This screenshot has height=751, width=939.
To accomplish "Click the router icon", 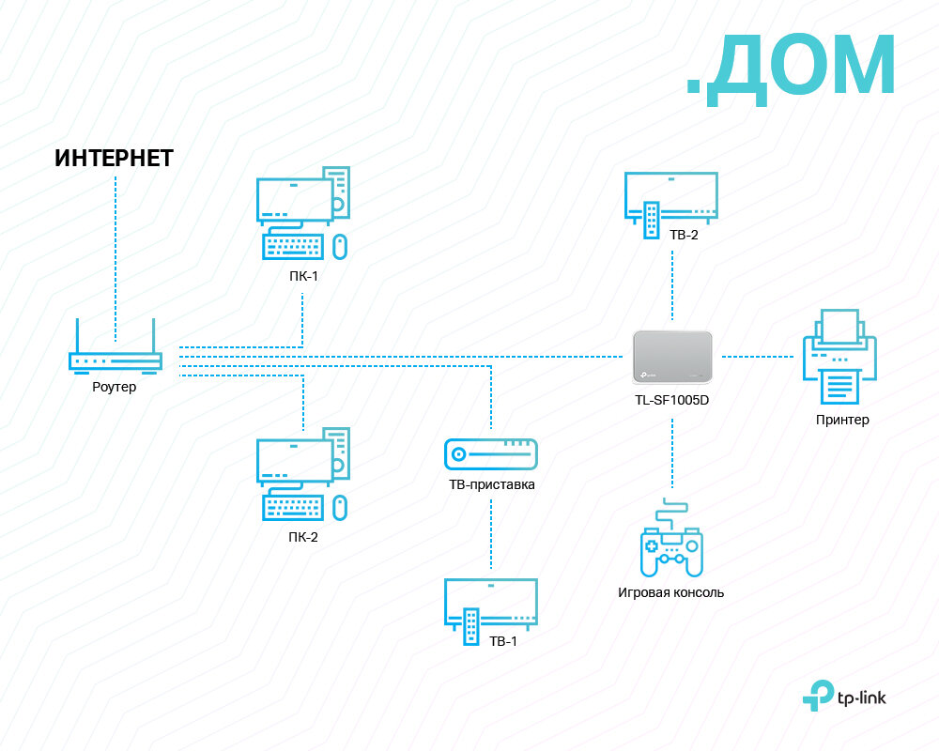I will [115, 359].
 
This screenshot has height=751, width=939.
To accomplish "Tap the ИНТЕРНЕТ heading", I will [115, 158].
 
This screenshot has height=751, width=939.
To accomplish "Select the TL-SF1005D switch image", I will [672, 357].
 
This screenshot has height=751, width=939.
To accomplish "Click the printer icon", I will [839, 357].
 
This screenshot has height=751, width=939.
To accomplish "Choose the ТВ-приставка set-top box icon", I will [490, 454].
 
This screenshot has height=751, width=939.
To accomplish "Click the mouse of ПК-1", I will [340, 247].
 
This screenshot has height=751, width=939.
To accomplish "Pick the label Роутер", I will [115, 387].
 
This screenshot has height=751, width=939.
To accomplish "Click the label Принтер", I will [842, 420].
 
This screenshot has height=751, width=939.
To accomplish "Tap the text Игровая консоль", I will [670, 592].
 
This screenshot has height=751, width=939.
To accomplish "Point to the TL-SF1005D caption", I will [672, 399].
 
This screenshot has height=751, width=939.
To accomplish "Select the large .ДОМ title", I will [791, 66].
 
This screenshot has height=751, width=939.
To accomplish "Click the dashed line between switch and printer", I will [758, 357].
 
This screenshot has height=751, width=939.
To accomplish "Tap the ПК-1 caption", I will [302, 277].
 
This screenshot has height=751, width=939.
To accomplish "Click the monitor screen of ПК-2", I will [294, 454].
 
